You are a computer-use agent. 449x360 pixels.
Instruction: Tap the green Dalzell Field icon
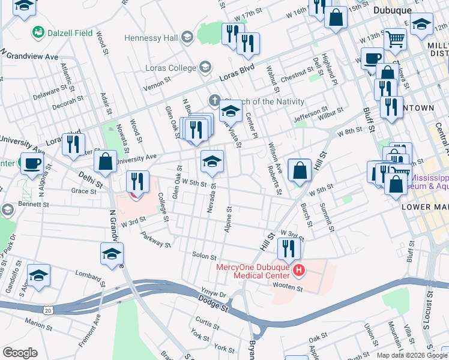[x=38, y=32]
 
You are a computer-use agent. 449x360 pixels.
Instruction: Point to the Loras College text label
[x=170, y=68]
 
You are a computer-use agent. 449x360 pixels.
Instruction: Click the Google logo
[x=20, y=353]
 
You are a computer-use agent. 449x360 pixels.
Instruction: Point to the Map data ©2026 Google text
[x=411, y=355]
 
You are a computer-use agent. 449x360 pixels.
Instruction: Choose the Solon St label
[x=203, y=256]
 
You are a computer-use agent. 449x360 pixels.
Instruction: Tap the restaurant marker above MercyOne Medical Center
[x=289, y=248]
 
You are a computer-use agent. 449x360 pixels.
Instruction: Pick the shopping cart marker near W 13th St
[x=396, y=39]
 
